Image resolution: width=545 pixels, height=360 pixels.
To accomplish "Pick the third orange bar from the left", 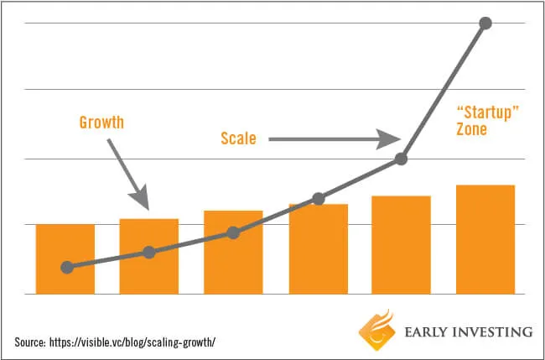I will point(233,252).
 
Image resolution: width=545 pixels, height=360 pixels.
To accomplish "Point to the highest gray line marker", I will point(485,23).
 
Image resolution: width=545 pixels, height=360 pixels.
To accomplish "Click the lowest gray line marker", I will point(67,267).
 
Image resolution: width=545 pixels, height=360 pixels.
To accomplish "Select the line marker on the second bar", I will point(149,252).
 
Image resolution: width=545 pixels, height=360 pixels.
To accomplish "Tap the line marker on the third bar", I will point(233,232).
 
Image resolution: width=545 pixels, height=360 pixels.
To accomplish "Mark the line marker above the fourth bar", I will point(318,199).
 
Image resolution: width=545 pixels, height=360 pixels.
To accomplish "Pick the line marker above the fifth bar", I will point(401,159).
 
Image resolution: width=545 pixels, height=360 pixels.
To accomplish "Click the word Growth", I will point(101,123).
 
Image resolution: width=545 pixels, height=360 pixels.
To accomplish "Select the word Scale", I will point(238,138).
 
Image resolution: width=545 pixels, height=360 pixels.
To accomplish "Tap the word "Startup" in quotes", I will point(483,113).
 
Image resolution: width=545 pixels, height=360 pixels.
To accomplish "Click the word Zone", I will point(471,131).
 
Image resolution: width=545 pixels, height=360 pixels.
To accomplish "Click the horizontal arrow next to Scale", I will point(335,138).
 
